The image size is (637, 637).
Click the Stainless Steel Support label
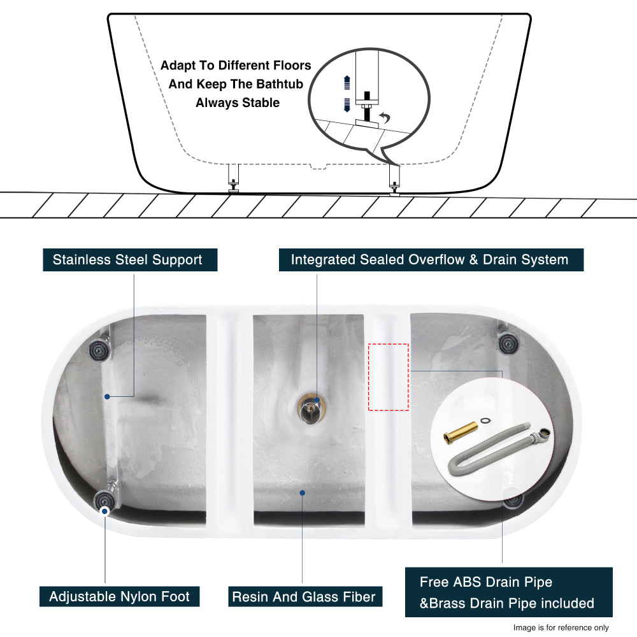click(130, 260)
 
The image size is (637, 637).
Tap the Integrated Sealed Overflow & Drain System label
click(430, 260)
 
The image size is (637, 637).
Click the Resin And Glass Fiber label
click(304, 597)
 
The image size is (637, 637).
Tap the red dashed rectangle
click(389, 377)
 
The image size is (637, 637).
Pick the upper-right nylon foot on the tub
click(508, 344)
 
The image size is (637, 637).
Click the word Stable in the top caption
click(259, 103)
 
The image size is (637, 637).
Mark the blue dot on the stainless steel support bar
click(108, 396)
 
